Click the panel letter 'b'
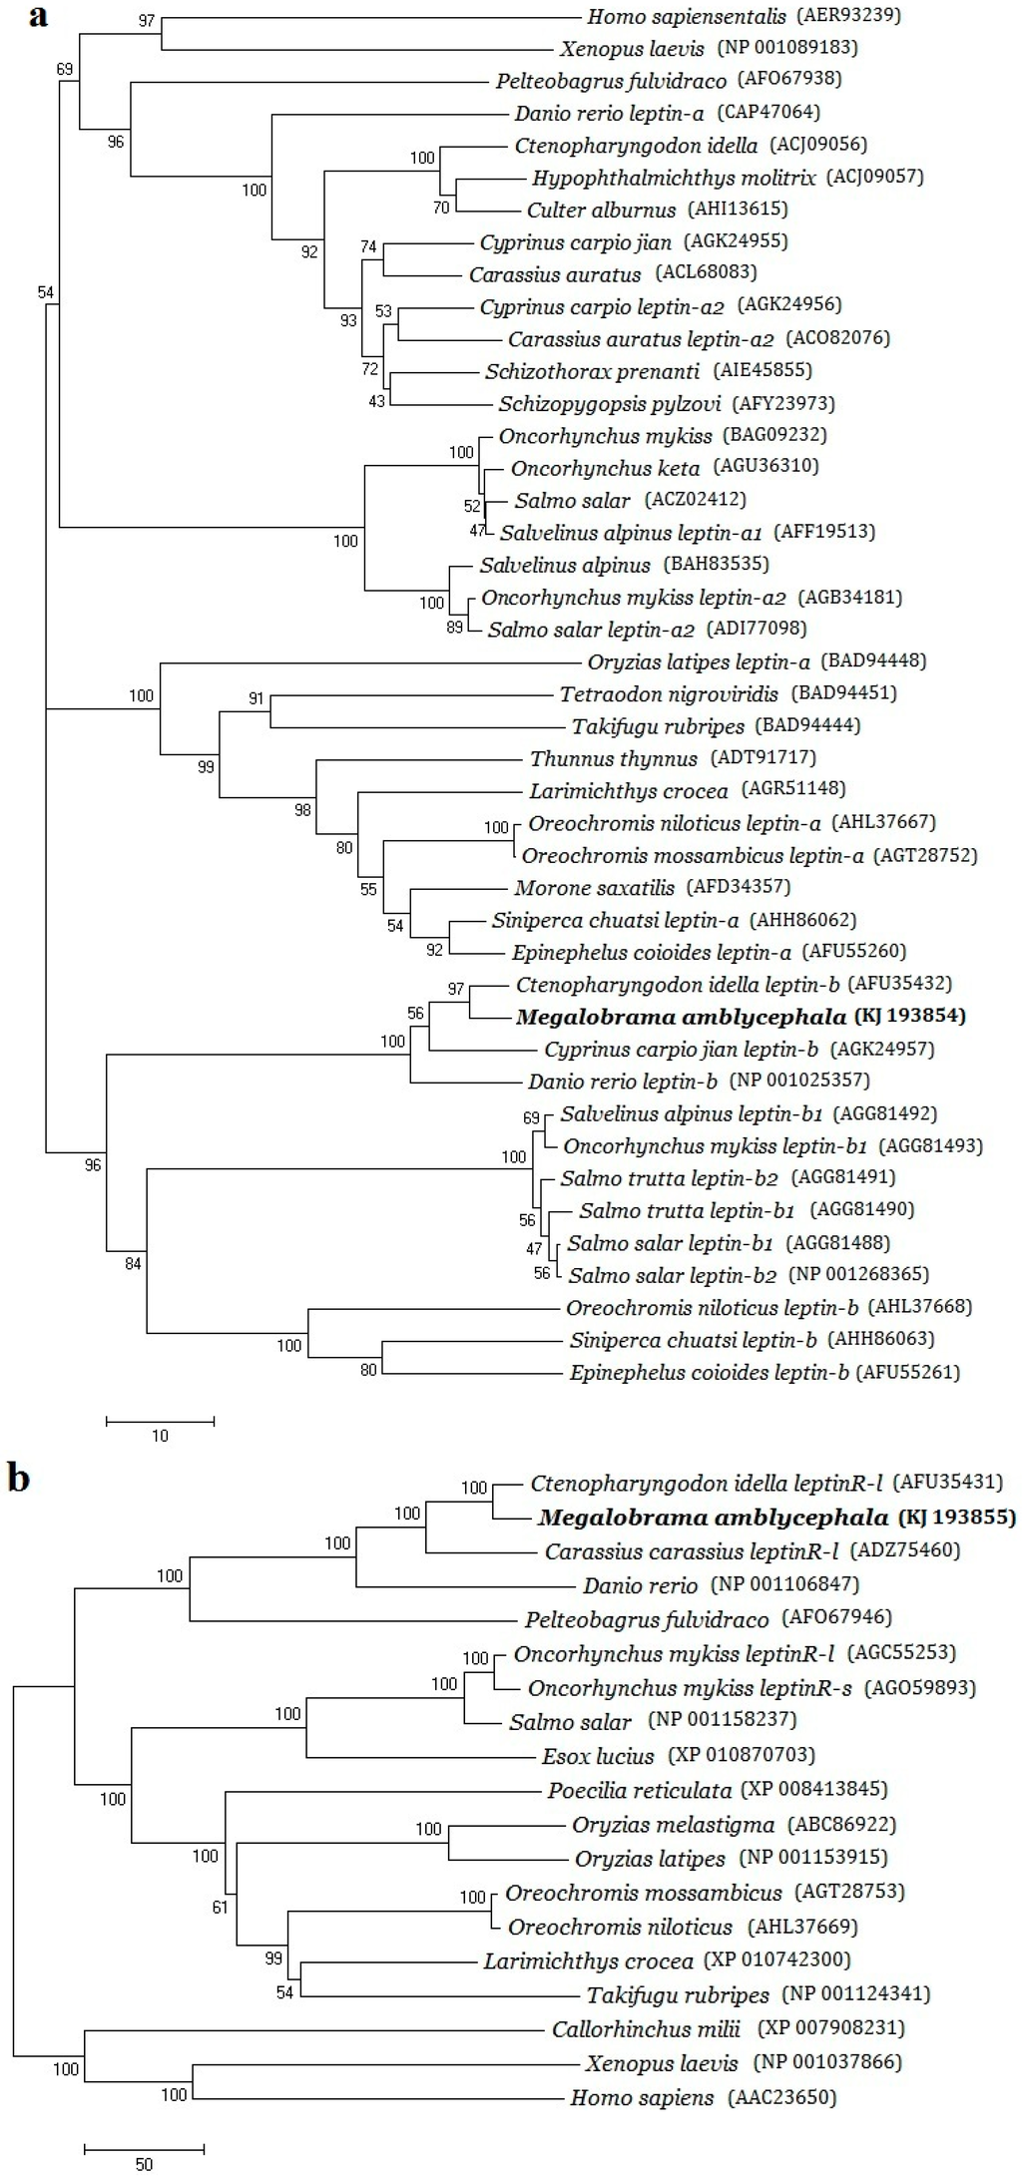click(x=18, y=1477)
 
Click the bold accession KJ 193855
click(x=956, y=1518)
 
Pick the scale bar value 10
click(x=160, y=1437)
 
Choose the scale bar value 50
click(x=144, y=2164)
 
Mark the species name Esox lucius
click(x=598, y=1755)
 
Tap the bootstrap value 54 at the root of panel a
click(x=45, y=291)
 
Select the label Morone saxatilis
click(x=594, y=887)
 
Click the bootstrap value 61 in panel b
click(x=220, y=1907)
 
